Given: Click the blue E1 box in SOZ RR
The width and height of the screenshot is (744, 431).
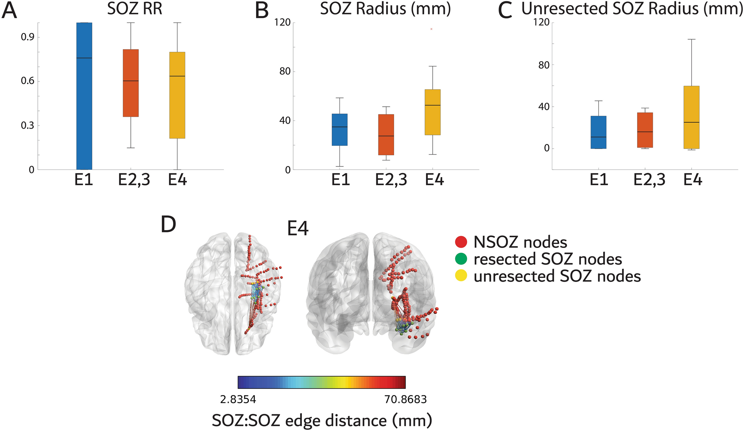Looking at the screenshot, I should coord(84,96).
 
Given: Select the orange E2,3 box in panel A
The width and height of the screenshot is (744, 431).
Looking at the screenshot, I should coord(131,83).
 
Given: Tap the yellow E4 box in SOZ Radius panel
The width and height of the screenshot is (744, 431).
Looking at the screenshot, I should coord(432,112).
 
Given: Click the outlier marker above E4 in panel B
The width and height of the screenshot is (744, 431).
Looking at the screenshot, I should coord(431,29).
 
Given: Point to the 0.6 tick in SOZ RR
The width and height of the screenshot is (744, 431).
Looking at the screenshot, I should coord(27,81).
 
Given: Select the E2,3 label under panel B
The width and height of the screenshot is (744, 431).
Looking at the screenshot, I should coord(391,180).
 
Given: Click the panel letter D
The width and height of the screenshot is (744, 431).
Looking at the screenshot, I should coord(168,225).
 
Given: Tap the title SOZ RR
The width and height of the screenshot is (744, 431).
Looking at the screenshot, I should coord(135,9).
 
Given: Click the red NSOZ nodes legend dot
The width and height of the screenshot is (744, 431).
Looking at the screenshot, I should coord(461,242).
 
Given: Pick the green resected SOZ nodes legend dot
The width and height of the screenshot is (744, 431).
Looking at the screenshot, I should coord(461,259).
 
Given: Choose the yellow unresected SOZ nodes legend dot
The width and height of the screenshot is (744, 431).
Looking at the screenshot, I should coord(461,276).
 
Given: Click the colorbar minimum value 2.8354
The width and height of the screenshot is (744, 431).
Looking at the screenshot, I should coord(238,399).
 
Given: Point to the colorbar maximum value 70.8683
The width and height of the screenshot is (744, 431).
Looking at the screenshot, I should coord(406,399).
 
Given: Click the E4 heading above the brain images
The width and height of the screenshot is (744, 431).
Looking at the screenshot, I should coord(298,229).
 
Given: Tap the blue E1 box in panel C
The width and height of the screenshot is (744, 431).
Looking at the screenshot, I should coord(598,132).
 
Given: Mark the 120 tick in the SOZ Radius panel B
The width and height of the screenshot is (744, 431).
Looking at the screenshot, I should coord(282,22).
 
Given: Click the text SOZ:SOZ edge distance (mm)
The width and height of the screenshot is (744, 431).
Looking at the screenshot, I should coord(322,421).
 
